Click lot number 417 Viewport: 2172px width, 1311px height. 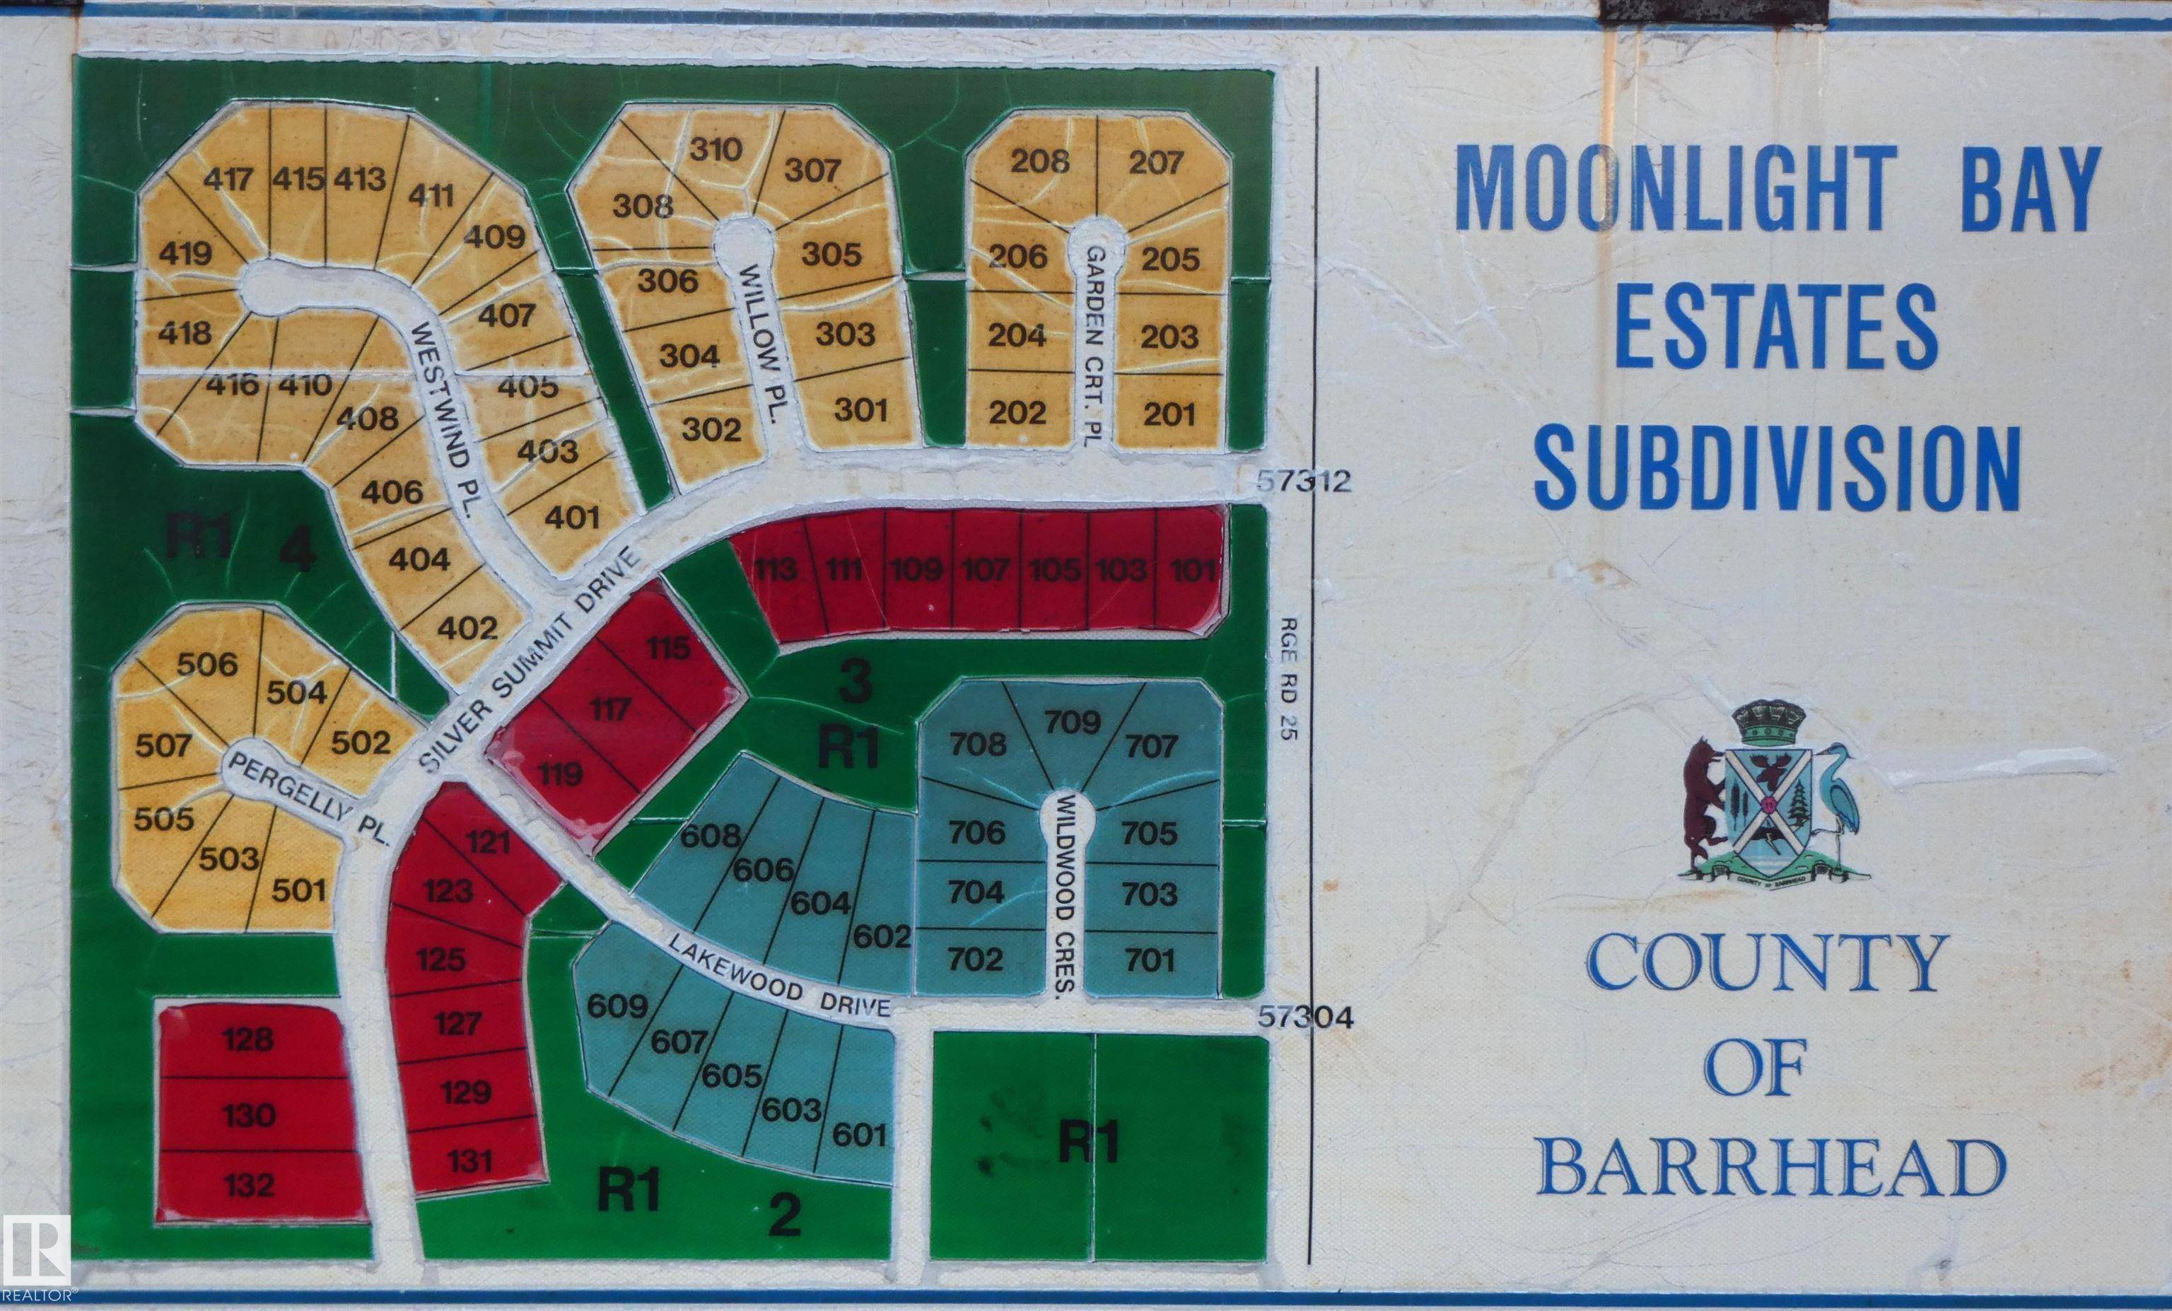pos(228,180)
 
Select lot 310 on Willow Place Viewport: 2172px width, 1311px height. pos(715,150)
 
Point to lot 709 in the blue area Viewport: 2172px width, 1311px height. pos(1072,723)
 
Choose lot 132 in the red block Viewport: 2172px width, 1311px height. pos(249,1184)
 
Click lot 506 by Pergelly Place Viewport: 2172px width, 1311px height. pos(207,664)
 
